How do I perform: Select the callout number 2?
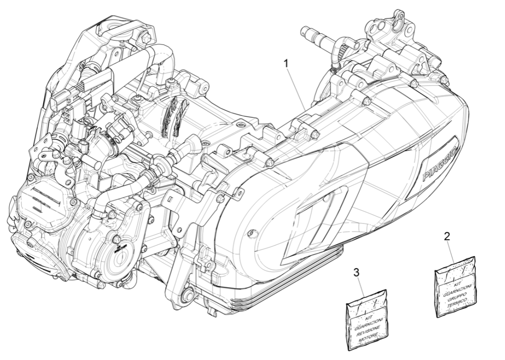pyautogui.click(x=447, y=236)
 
